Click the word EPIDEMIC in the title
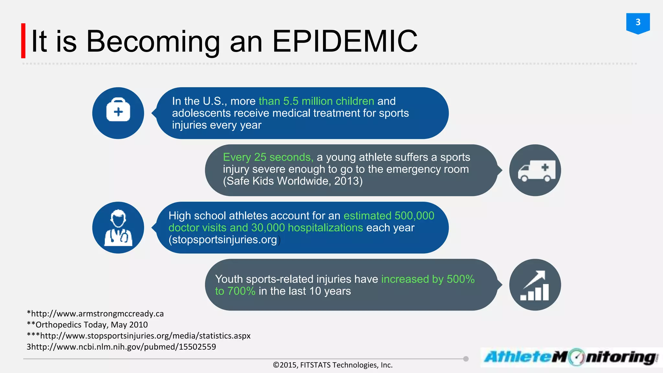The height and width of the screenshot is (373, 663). coord(345,41)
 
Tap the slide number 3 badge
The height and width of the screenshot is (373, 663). coord(638,23)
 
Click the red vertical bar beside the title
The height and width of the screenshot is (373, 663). coord(23,41)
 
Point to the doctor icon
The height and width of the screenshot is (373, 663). coord(118,228)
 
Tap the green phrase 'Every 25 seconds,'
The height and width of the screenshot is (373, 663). coord(268,157)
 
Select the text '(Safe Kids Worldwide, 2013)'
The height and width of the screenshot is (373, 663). coord(293,181)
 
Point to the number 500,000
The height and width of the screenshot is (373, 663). coord(414,216)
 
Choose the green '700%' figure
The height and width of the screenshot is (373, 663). coord(242,291)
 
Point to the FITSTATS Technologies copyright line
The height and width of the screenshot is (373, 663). coord(333,365)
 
